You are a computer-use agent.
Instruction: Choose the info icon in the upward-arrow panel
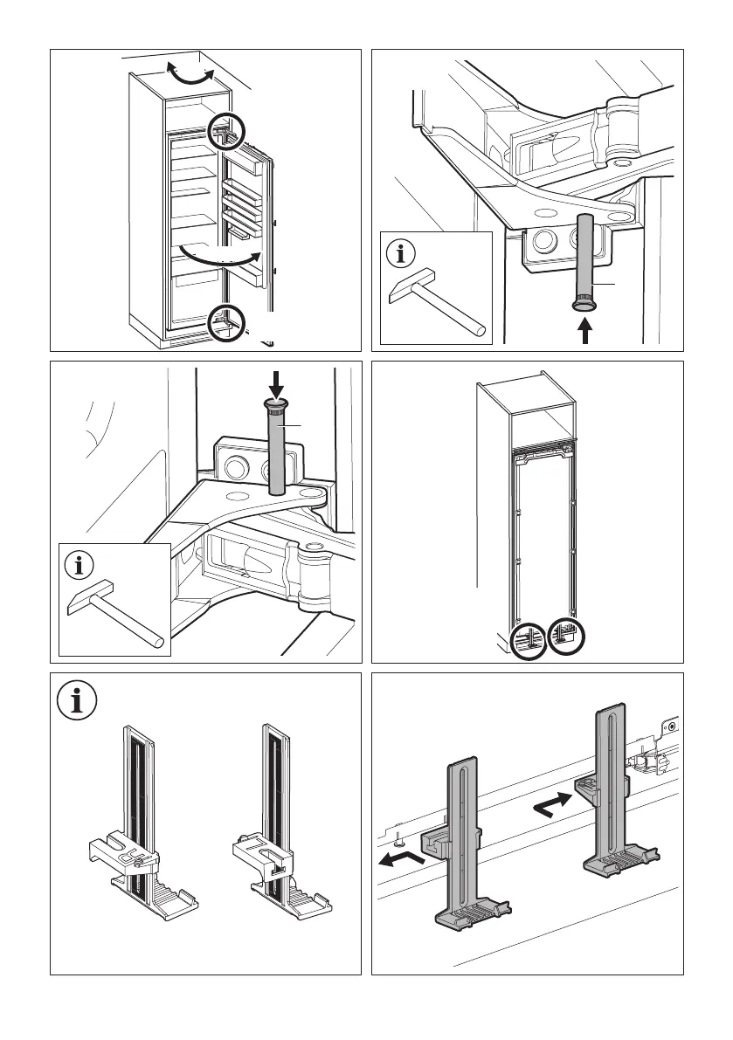click(x=401, y=255)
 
